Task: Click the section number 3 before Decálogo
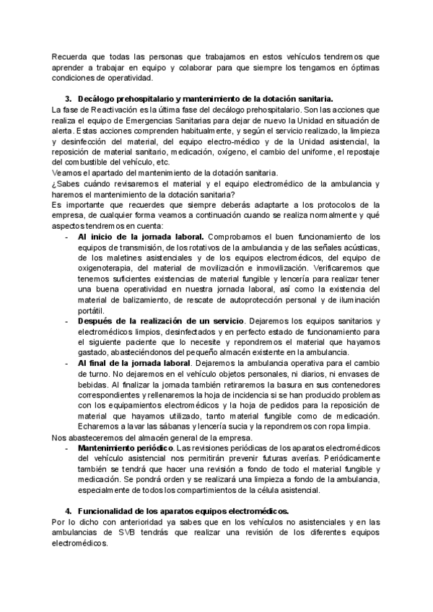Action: (68, 99)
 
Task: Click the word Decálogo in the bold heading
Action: (96, 99)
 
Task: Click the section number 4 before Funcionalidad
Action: (68, 510)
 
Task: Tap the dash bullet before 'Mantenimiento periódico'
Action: (67, 448)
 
